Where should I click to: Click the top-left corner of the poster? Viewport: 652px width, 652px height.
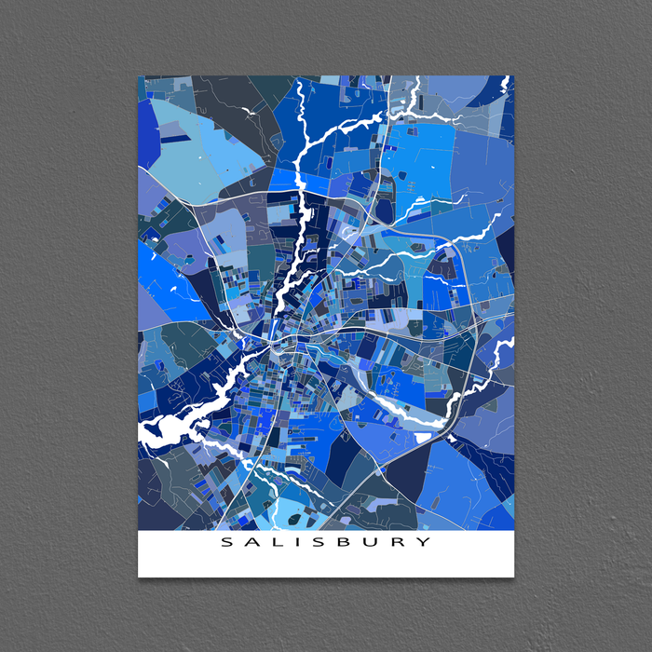click(139, 77)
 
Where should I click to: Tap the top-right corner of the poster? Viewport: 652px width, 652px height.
click(514, 77)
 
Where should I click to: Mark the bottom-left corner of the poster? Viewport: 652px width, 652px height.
click(139, 576)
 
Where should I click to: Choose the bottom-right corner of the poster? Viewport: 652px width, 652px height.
click(514, 576)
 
